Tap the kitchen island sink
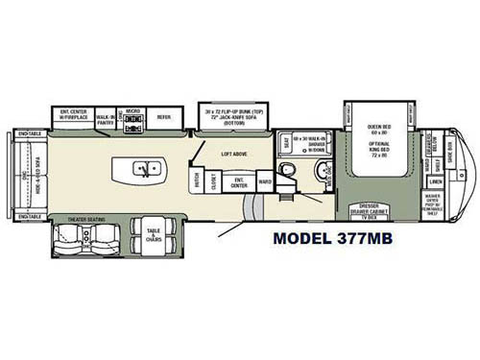pyautogui.click(x=142, y=170)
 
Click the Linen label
pyautogui.click(x=435, y=180)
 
